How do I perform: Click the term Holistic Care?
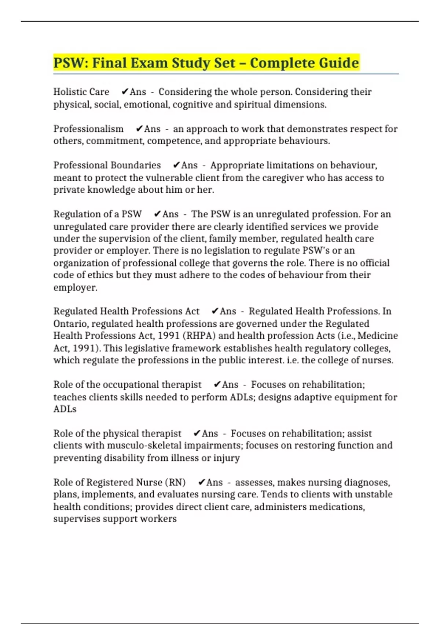[81, 92]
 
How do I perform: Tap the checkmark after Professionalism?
[139, 129]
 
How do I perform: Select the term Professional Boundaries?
[107, 165]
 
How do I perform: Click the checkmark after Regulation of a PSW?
[157, 214]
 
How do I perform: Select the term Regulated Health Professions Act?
[126, 311]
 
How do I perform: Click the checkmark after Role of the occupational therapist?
[217, 385]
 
